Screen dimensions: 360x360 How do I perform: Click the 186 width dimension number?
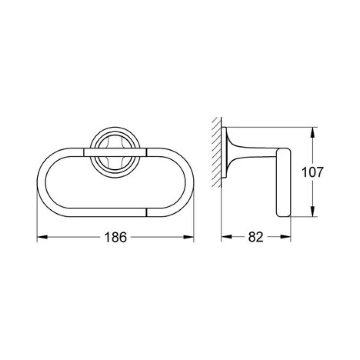(x=115, y=237)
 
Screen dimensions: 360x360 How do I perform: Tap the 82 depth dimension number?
(x=256, y=237)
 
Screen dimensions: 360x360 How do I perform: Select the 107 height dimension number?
(x=312, y=172)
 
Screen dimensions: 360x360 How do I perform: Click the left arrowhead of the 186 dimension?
(x=42, y=237)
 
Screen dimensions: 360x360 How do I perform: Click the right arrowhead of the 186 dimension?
(x=189, y=237)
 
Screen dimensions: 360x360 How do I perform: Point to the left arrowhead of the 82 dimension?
(x=227, y=237)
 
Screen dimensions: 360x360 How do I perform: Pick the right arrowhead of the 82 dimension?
(x=285, y=237)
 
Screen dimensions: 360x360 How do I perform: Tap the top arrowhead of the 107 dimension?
(x=312, y=132)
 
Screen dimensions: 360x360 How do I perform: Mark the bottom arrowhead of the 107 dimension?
(x=312, y=211)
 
